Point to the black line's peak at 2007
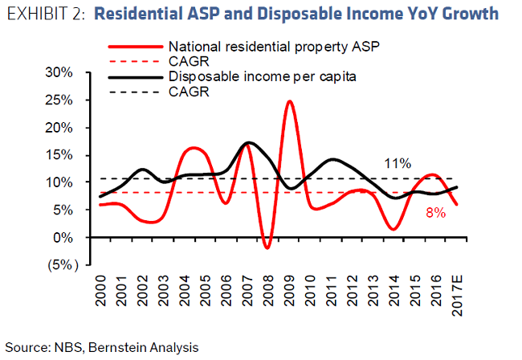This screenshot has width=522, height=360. click(248, 142)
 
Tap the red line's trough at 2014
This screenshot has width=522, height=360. click(393, 229)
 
